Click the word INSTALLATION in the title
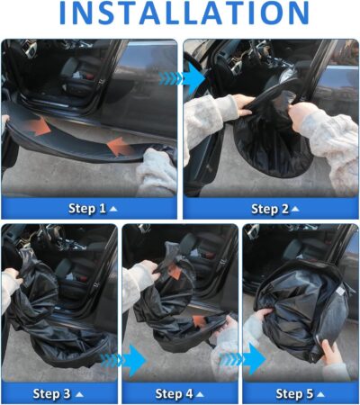point(180,17)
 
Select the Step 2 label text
point(265,209)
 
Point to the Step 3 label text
point(52,393)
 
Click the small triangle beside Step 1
point(112,209)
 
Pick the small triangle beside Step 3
point(79,394)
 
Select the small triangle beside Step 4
point(202,394)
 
